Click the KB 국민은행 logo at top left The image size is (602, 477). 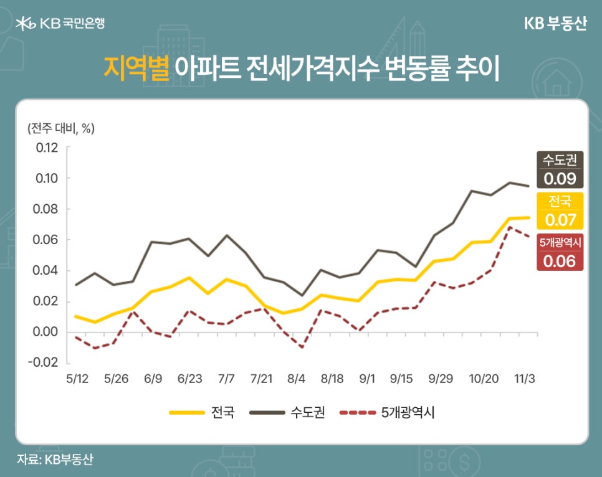(x=60, y=24)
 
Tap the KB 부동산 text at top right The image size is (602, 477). (x=554, y=24)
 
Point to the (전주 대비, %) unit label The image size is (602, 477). (x=60, y=129)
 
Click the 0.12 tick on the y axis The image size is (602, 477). (x=47, y=148)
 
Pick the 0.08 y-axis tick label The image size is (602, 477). (x=47, y=209)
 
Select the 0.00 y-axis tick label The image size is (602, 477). (x=47, y=332)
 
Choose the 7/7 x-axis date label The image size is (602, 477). (x=226, y=379)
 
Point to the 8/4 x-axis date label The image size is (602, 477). (x=297, y=379)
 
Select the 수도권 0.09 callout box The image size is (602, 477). (x=560, y=169)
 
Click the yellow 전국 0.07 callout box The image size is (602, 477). (x=560, y=211)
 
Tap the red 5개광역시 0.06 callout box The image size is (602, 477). (x=560, y=252)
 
